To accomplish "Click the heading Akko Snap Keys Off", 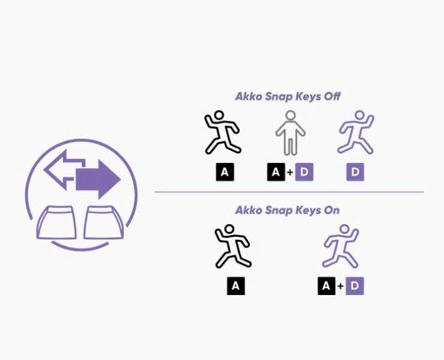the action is click(x=288, y=96).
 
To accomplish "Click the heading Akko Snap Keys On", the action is click(x=287, y=210).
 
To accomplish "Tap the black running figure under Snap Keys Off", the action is click(x=222, y=132).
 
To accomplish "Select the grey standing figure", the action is click(x=290, y=133).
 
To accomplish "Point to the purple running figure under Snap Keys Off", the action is click(x=356, y=132).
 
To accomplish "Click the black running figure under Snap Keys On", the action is click(x=233, y=246).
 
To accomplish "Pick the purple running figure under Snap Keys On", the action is click(x=341, y=246).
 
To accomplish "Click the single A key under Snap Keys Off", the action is click(x=225, y=172).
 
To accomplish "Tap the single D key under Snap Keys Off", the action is click(x=355, y=172).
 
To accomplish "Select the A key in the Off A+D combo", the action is click(x=276, y=172).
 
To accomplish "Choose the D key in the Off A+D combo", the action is click(x=304, y=172).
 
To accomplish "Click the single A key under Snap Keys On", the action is click(x=236, y=286).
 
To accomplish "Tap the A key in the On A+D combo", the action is click(x=326, y=286).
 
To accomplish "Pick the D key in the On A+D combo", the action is click(x=354, y=286).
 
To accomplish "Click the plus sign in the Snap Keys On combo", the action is click(x=341, y=286).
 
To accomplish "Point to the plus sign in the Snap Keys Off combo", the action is click(x=290, y=172).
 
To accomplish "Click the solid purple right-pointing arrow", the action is click(x=97, y=178).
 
